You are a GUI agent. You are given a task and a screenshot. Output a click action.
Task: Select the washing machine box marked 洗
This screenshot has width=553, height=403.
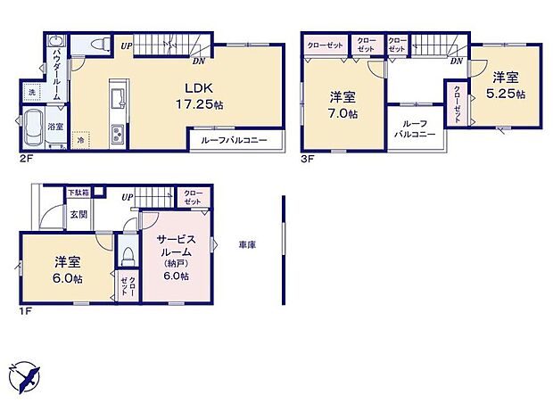coord(31,93)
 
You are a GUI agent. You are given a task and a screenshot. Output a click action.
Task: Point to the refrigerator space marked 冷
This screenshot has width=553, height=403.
coord(79,140)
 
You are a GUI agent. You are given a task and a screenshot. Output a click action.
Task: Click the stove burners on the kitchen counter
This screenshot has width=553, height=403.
coord(115,135)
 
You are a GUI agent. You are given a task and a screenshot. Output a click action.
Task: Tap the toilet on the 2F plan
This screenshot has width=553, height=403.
coord(99,43)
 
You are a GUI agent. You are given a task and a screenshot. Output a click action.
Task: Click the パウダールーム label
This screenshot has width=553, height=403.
coord(55,68)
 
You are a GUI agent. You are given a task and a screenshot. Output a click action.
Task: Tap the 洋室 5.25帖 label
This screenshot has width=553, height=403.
coord(506,86)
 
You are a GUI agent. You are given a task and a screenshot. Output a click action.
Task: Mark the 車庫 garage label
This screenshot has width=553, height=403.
coord(247,244)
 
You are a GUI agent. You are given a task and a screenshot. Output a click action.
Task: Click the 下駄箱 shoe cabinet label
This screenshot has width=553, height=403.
coord(78,193)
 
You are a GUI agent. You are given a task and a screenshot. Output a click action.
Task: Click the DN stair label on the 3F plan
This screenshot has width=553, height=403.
coord(455,61)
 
